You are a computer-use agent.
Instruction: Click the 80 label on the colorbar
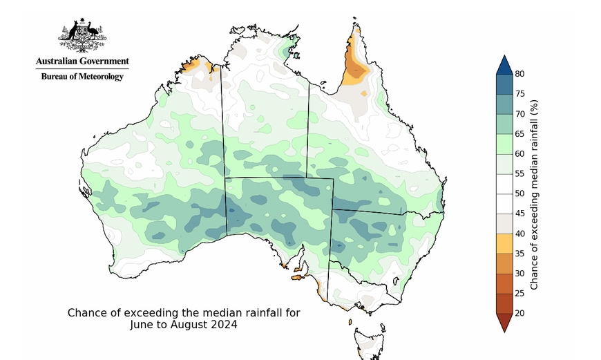tap(519, 74)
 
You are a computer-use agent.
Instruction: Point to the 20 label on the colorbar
tap(519, 313)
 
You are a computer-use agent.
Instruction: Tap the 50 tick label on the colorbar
tap(519, 193)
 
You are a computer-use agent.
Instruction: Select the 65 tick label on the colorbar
tap(519, 134)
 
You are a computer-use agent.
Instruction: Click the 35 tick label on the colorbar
tap(519, 254)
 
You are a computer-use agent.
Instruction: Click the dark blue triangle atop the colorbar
tap(504, 66)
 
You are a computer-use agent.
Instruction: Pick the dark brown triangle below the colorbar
tap(504, 321)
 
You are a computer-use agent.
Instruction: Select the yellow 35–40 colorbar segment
tap(504, 243)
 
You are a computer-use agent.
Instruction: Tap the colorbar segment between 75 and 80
tap(504, 84)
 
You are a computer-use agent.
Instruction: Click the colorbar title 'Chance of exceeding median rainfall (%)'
tap(534, 195)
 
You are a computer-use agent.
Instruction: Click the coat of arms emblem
tap(82, 35)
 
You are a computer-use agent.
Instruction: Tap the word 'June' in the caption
tap(141, 325)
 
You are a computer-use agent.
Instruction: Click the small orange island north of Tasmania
tap(350, 322)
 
